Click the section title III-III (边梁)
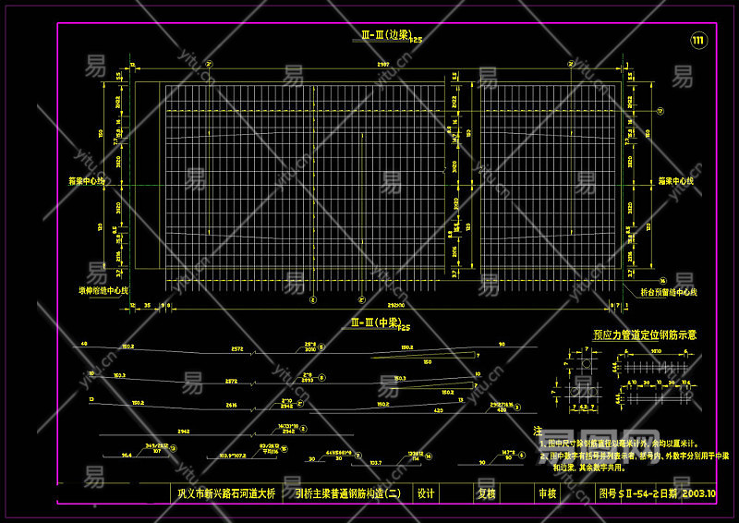click(x=385, y=35)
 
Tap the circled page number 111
click(x=697, y=40)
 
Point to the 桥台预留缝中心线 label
click(x=668, y=292)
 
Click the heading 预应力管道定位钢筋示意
click(x=645, y=334)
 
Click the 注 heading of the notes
click(x=539, y=431)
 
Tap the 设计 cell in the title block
click(x=426, y=493)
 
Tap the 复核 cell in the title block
click(x=487, y=493)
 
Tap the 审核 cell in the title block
click(x=547, y=493)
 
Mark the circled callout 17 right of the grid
click(x=661, y=111)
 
